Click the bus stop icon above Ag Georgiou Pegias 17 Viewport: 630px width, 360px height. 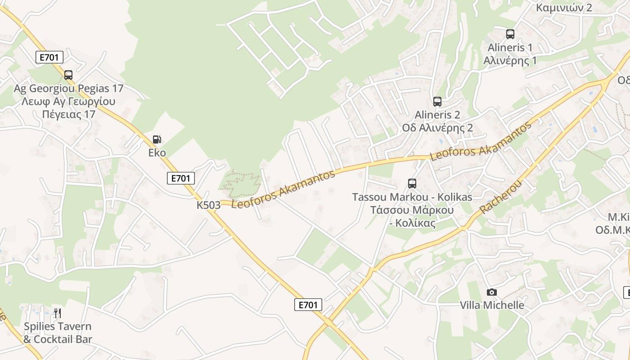coord(68,75)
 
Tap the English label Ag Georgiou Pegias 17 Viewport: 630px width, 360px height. coord(68,88)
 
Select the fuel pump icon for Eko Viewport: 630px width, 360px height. coord(157,139)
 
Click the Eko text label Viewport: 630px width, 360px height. coord(157,153)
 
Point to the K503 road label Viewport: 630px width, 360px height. coord(208,205)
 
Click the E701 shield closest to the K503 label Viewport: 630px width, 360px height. coord(180,178)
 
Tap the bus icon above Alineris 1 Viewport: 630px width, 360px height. coord(510,34)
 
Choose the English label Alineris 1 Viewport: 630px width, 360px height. coord(510,47)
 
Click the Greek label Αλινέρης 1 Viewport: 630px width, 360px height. coord(510,60)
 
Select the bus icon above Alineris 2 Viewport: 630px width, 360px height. coord(437,102)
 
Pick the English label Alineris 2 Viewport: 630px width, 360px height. coord(437,115)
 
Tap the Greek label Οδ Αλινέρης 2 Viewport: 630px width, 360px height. coord(437,128)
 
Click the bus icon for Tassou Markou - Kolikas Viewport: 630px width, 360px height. coord(412,184)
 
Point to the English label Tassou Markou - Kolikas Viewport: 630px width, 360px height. coord(412,197)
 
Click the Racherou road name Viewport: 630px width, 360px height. coord(500,197)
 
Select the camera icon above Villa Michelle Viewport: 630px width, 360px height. coord(492,292)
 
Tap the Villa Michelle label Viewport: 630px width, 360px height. coord(492,305)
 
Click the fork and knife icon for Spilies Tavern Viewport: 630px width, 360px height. coord(58,313)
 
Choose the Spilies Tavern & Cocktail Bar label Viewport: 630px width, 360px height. coord(58,333)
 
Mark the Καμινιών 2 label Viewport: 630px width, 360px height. coord(564,8)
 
